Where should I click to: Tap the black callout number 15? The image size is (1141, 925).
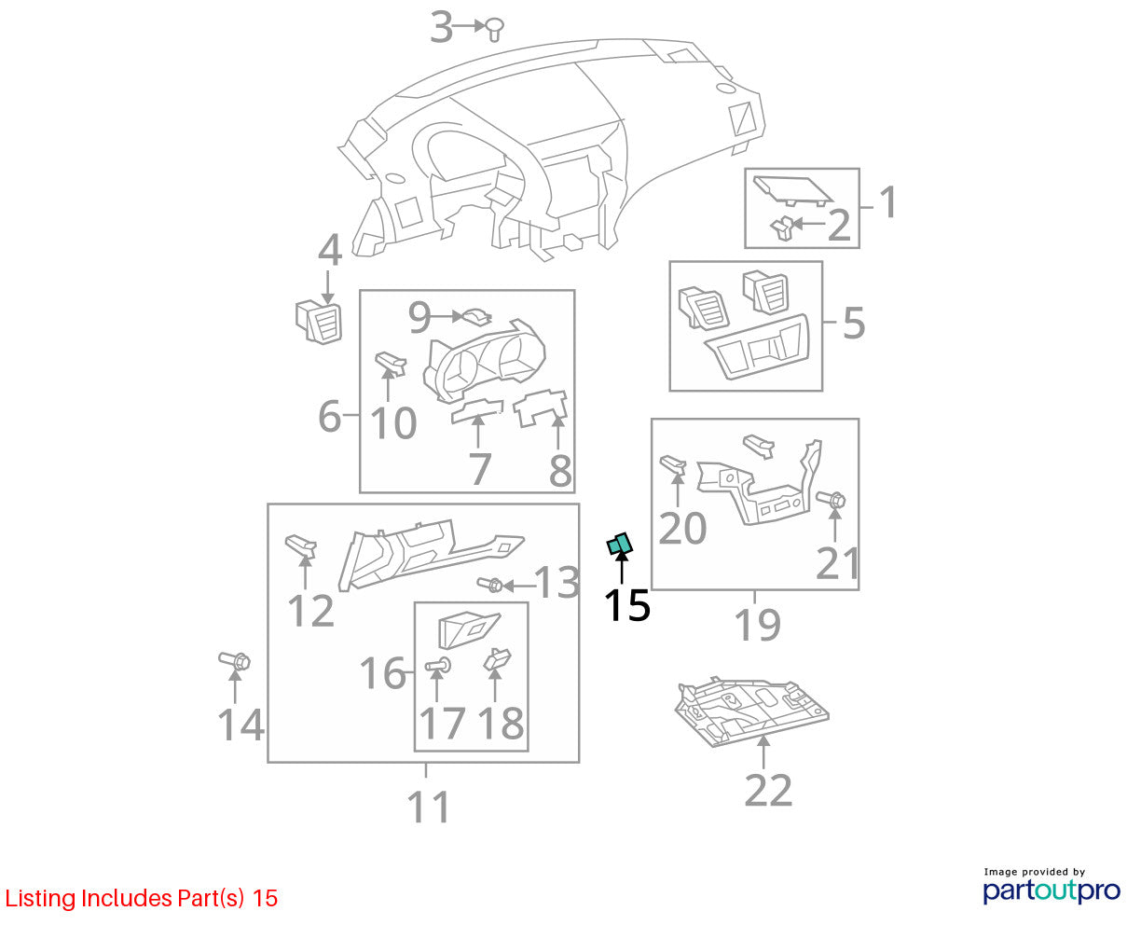tap(626, 605)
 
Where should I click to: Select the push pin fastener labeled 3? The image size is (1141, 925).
tap(494, 29)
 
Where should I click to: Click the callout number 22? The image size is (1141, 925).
tap(767, 791)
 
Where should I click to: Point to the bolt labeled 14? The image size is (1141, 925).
tap(235, 661)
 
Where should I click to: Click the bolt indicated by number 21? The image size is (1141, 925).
tap(831, 500)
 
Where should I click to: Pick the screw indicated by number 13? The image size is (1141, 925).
tap(489, 584)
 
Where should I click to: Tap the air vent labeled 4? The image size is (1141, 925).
tap(319, 323)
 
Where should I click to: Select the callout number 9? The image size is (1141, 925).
tap(419, 317)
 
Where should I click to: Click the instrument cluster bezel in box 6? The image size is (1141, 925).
tap(484, 360)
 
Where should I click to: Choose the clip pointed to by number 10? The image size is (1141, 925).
tap(391, 363)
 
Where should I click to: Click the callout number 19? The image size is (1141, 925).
tap(757, 625)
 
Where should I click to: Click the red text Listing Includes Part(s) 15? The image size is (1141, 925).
tap(142, 898)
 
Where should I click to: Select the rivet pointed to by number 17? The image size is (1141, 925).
tap(437, 666)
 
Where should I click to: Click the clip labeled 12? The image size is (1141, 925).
tap(300, 545)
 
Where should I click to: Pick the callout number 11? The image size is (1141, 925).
tap(428, 807)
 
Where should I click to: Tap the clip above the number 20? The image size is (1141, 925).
tap(673, 464)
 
